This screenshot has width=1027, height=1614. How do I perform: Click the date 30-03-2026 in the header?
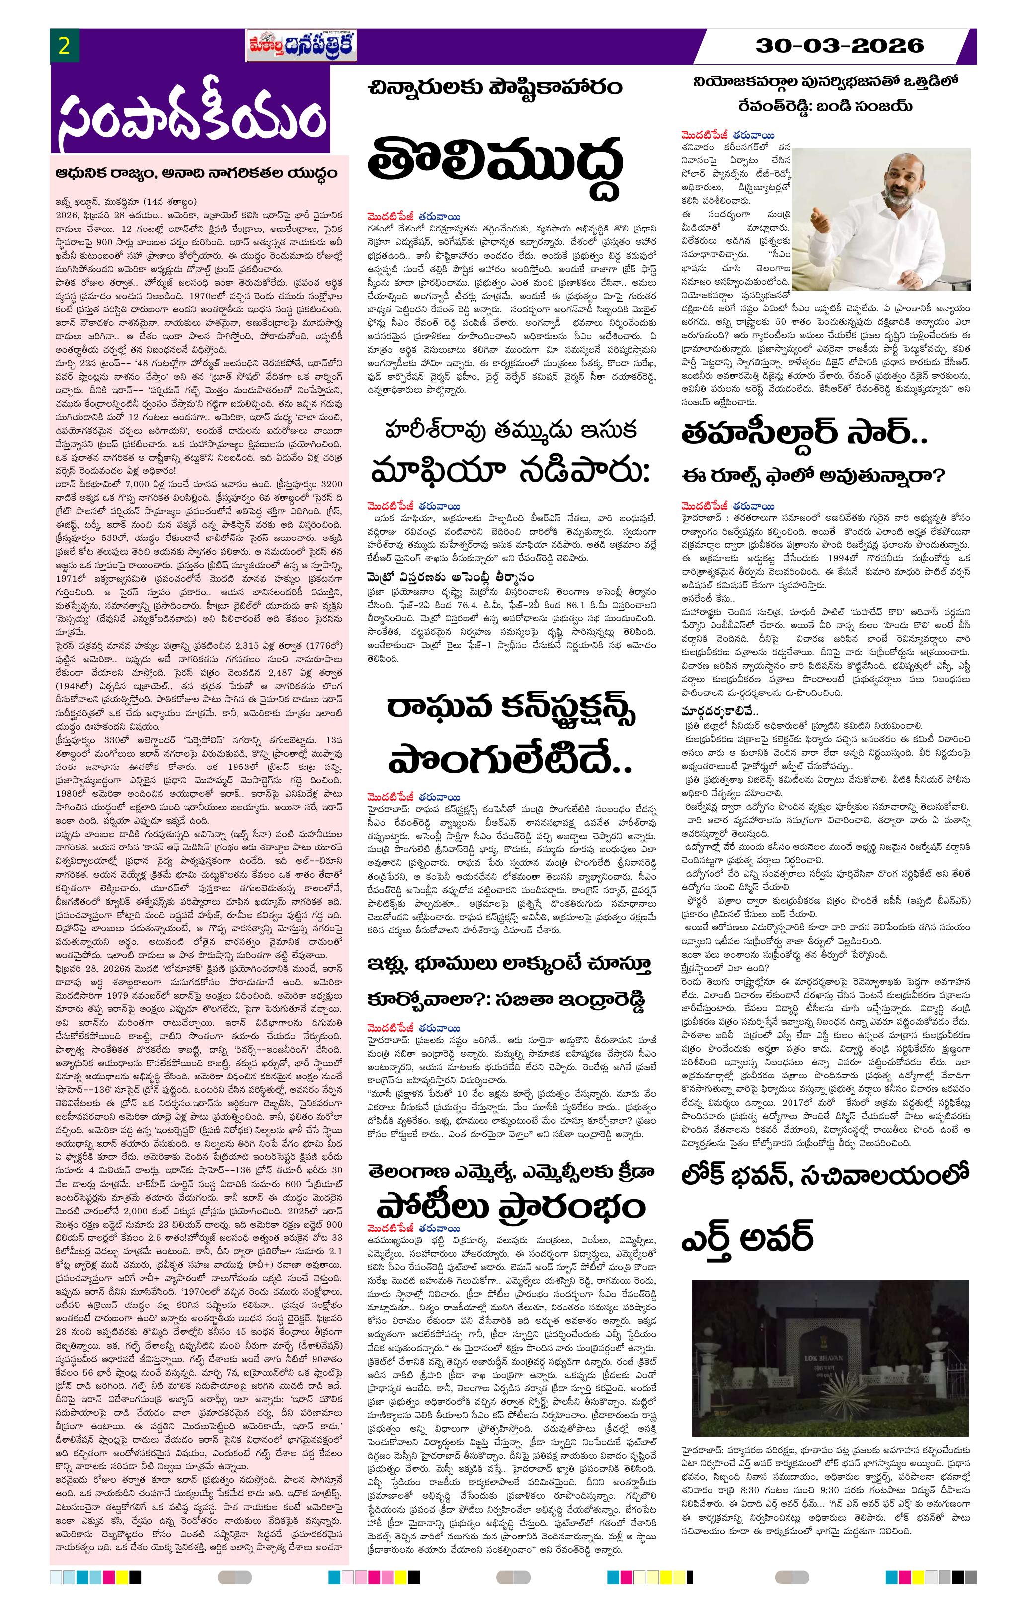click(x=839, y=46)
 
